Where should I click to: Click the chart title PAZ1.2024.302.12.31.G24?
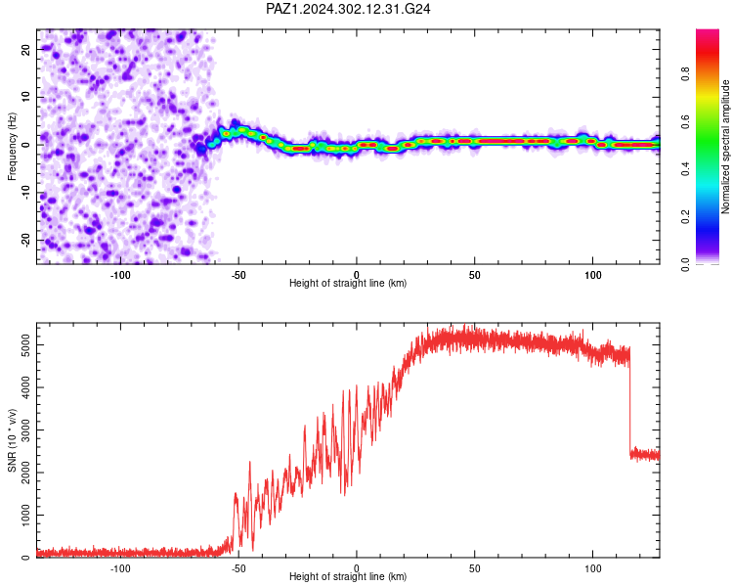tap(348, 9)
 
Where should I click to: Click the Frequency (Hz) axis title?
tap(12, 147)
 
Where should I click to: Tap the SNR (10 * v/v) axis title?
tap(12, 440)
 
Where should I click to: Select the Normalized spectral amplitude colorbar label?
tap(725, 147)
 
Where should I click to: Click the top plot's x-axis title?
tap(348, 283)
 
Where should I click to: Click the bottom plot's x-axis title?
tap(348, 576)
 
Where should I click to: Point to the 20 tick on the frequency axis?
tap(26, 49)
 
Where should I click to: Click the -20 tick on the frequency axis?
tap(26, 241)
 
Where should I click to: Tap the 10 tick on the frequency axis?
tap(26, 97)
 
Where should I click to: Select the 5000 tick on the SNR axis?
tap(26, 345)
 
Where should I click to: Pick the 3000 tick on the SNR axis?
tap(26, 429)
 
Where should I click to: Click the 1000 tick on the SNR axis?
tap(26, 515)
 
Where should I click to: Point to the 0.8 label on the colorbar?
tap(685, 74)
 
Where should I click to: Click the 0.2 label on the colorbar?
tap(685, 217)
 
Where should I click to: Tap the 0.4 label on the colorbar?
tap(685, 169)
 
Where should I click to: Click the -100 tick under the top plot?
tap(120, 275)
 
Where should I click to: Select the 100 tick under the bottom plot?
tap(593, 568)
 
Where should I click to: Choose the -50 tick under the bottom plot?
tap(238, 568)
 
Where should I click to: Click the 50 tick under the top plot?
tap(474, 275)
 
